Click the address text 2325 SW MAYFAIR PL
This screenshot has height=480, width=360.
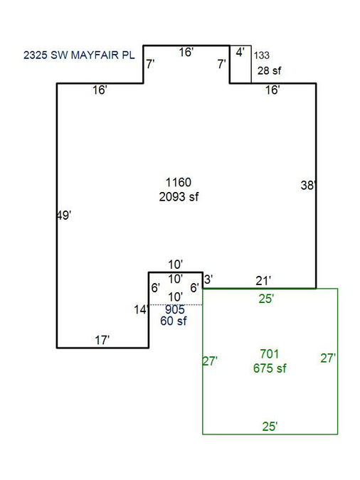(x=79, y=55)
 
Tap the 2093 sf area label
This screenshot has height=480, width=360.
(x=179, y=196)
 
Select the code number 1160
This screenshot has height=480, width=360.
(x=179, y=183)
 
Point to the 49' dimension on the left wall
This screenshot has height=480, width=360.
(x=64, y=215)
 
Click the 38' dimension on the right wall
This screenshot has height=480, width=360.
(x=308, y=185)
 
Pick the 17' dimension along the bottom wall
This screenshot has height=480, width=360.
(x=102, y=340)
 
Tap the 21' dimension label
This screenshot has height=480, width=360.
(x=263, y=281)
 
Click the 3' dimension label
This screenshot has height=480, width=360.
(x=208, y=279)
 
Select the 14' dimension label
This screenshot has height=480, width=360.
(x=142, y=309)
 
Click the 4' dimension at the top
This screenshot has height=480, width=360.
(x=240, y=53)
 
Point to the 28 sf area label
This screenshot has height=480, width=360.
(x=270, y=70)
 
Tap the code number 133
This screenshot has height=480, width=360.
(x=262, y=55)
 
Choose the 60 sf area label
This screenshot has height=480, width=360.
(x=174, y=321)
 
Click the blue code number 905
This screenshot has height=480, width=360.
(x=175, y=309)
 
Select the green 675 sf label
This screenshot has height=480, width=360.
(x=270, y=368)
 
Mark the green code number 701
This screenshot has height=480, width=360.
(x=270, y=354)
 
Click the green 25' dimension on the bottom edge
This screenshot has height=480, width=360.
(x=270, y=427)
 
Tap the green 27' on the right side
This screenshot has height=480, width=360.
(x=328, y=358)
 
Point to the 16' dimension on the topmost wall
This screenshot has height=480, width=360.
(x=186, y=53)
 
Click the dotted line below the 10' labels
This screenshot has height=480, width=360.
(x=176, y=304)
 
